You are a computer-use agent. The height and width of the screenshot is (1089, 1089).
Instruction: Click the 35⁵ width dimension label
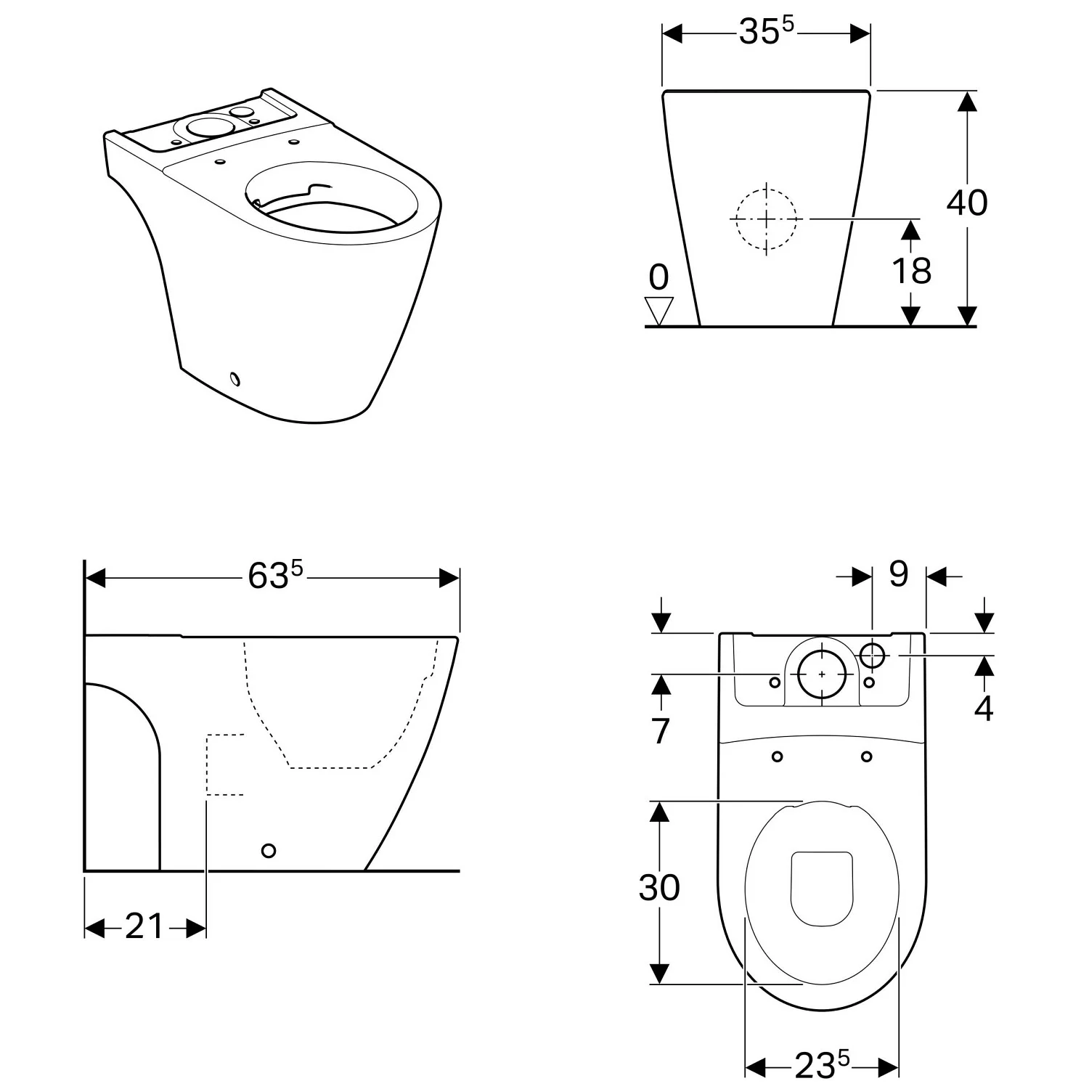[766, 31]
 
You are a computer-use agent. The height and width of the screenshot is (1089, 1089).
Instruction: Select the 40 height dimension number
[966, 203]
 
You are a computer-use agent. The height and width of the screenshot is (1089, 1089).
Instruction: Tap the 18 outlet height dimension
[910, 271]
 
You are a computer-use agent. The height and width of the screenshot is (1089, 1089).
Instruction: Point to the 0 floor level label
[658, 277]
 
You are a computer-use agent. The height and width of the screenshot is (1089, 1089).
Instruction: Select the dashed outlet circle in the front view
[766, 219]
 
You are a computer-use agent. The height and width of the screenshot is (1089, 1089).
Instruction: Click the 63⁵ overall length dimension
[274, 576]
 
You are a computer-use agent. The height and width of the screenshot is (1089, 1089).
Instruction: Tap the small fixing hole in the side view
[269, 850]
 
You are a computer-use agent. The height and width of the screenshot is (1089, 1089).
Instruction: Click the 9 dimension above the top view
[898, 574]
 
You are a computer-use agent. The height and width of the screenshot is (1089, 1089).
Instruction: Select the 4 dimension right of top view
[983, 709]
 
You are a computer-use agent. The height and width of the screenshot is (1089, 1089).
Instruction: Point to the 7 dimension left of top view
[659, 731]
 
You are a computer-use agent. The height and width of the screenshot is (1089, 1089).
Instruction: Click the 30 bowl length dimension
[658, 886]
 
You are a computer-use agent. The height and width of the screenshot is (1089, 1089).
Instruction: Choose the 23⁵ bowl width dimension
[820, 1065]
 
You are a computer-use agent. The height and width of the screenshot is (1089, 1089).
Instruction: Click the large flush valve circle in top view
[822, 674]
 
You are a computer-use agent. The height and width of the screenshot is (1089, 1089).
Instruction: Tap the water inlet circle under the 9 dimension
[873, 655]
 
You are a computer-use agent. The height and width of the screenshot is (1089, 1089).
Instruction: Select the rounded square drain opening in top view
[820, 888]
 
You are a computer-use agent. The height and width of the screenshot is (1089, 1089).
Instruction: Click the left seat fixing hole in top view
[778, 756]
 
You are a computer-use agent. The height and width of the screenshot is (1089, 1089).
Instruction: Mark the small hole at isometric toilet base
[234, 378]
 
